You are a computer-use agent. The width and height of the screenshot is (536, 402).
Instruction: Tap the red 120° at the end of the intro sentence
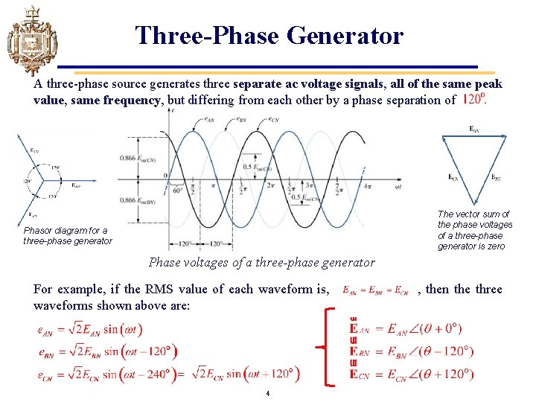click(x=473, y=100)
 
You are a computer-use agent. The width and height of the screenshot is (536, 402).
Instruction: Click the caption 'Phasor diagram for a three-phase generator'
click(x=68, y=235)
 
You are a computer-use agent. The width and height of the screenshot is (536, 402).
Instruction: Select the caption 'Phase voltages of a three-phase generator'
click(x=262, y=262)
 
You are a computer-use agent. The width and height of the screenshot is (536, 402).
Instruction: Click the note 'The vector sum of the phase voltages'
click(x=475, y=220)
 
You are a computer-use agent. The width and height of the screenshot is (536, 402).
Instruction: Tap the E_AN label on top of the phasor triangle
click(x=473, y=130)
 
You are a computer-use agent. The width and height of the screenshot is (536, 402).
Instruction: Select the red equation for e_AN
click(x=90, y=328)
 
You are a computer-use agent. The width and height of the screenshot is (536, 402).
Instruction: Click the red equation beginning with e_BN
click(x=107, y=351)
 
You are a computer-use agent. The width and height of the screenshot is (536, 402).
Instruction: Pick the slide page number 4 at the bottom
click(x=267, y=392)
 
